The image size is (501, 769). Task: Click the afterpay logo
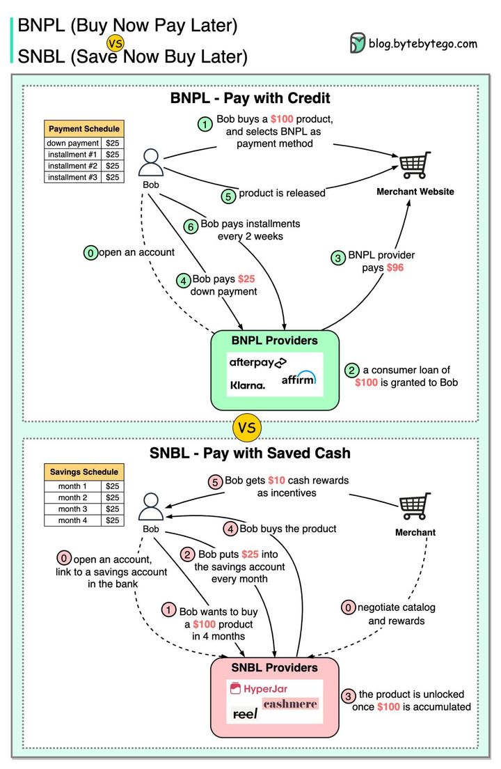point(257,363)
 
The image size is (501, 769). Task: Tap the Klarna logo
point(248,384)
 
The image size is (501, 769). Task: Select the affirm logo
point(299,379)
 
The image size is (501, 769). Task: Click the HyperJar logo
point(259,689)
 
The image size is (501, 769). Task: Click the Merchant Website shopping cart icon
point(415,166)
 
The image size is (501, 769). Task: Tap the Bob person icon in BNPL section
point(151,162)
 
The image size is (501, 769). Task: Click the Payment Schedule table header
point(83,129)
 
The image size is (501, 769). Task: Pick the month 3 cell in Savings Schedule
point(72,509)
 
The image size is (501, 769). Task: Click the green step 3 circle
point(338,258)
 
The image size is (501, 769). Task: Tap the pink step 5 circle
point(216,481)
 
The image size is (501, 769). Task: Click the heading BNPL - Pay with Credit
point(250,98)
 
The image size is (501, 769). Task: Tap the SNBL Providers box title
point(274,667)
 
